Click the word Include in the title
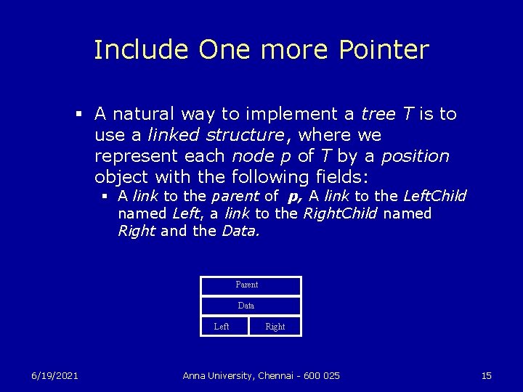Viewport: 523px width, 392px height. point(142,49)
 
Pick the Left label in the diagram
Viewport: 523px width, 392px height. point(222,327)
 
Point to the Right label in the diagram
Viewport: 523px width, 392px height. point(275,327)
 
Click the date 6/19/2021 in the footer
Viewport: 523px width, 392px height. point(54,375)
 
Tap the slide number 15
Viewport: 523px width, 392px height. point(487,375)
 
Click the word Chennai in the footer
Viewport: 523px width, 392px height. point(277,375)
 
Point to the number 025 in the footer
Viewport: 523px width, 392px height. point(330,375)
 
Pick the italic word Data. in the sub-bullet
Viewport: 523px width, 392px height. point(240,232)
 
